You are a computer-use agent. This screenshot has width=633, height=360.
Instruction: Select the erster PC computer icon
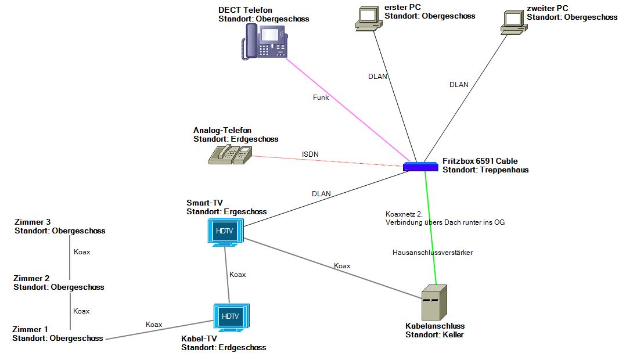(368, 19)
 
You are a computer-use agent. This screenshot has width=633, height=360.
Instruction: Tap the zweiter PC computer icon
(513, 20)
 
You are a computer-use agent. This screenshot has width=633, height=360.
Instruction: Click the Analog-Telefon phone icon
(230, 155)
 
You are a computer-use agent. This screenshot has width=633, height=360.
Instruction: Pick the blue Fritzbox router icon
(420, 167)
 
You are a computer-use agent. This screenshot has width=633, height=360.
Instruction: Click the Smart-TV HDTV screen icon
(225, 232)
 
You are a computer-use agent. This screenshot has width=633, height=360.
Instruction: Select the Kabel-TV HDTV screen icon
(231, 317)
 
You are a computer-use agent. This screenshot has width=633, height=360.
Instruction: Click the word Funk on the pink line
(321, 98)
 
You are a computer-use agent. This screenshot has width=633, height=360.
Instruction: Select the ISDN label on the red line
(310, 154)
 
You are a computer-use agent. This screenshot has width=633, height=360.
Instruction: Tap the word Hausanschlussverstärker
(433, 253)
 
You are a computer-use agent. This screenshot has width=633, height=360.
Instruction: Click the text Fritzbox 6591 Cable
(480, 161)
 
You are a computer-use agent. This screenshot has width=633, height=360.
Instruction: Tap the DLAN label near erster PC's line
(377, 76)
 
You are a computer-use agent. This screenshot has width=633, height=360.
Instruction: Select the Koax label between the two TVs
(238, 275)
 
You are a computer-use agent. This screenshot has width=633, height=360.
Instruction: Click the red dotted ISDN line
(325, 161)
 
